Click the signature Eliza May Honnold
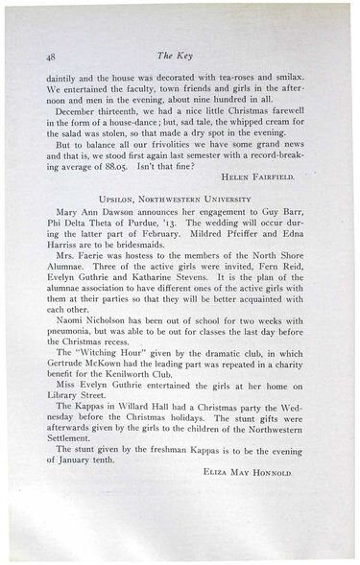pyautogui.click(x=276, y=474)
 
